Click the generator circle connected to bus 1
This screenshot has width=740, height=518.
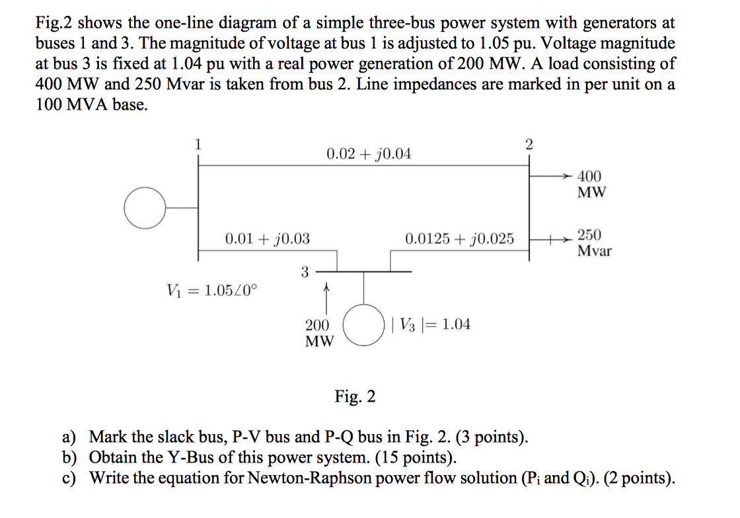[x=145, y=207]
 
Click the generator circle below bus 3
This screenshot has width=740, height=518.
[x=363, y=324]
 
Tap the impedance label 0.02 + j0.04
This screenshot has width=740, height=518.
[x=369, y=154]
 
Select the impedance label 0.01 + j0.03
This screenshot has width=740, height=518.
[x=268, y=239]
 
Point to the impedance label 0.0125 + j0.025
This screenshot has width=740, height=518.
[x=459, y=239]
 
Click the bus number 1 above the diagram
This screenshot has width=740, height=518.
[x=196, y=143]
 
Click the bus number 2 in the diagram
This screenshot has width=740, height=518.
[x=527, y=143]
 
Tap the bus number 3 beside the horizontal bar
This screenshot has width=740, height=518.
[x=304, y=271]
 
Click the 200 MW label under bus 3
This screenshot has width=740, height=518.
[x=318, y=333]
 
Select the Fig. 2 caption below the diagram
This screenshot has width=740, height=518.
[x=355, y=396]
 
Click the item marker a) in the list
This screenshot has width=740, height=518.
[x=69, y=437]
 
